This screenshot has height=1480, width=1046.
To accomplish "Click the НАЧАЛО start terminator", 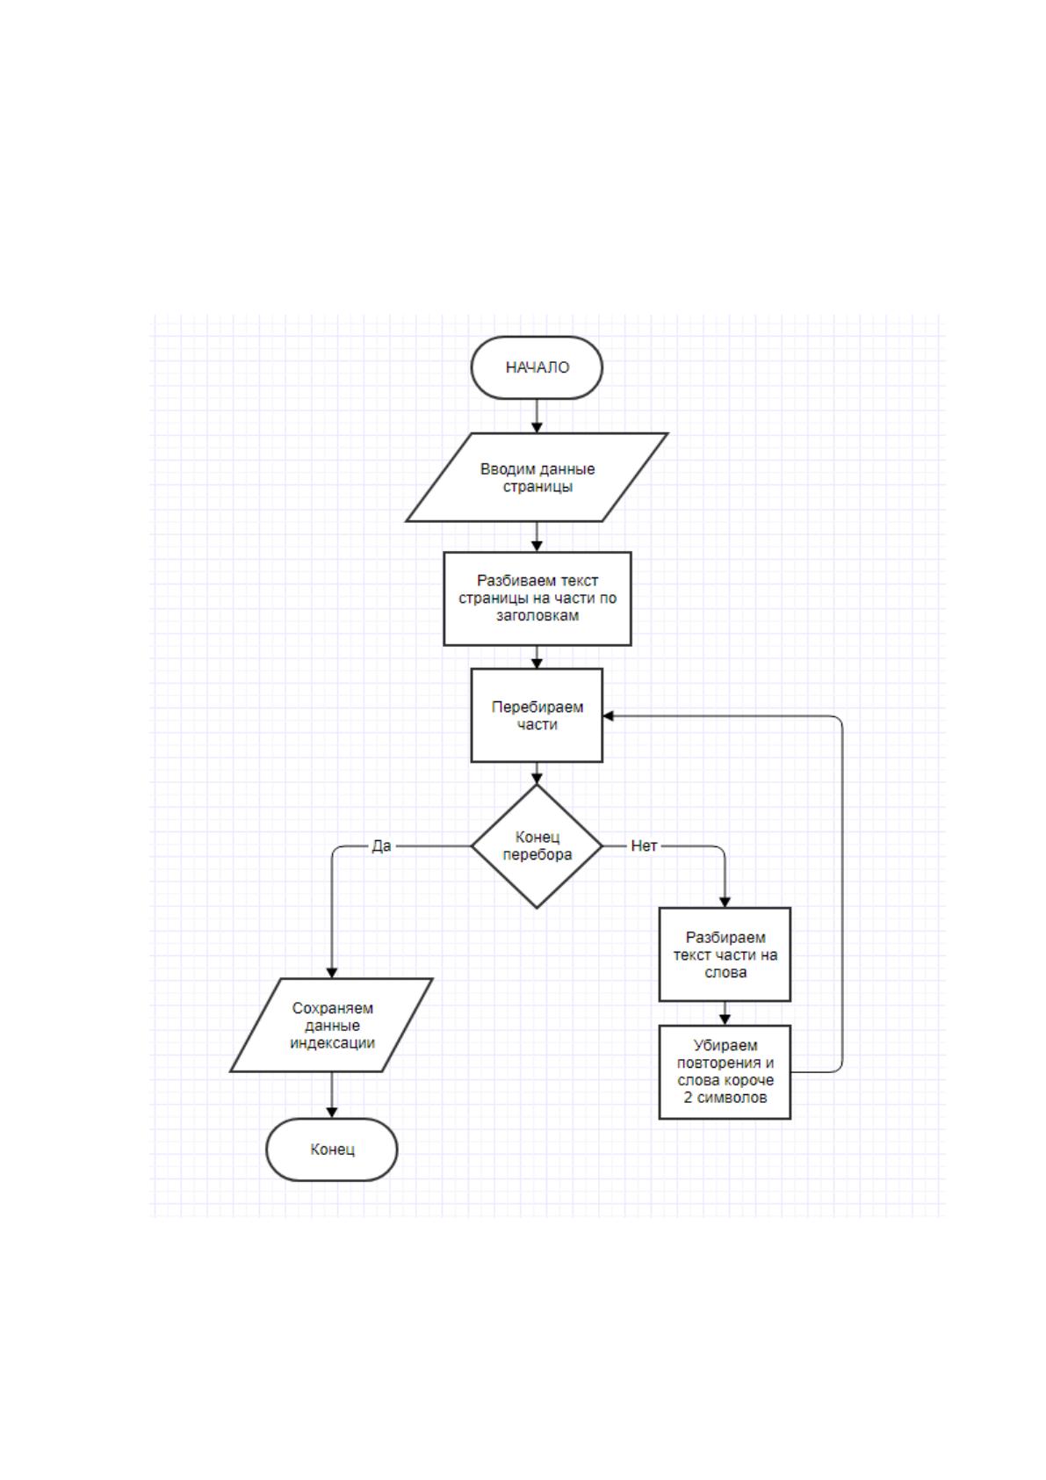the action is pyautogui.click(x=537, y=367).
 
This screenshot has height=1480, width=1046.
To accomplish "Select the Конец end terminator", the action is pyautogui.click(x=331, y=1149).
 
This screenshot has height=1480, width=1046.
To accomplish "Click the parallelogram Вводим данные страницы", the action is pyautogui.click(x=537, y=477).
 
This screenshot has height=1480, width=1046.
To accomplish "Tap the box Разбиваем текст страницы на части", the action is pyautogui.click(x=537, y=599).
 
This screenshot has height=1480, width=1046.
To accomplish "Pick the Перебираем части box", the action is pyautogui.click(x=537, y=715).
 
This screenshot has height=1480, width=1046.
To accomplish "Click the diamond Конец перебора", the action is pyautogui.click(x=537, y=845).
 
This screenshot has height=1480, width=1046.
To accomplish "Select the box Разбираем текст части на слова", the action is pyautogui.click(x=725, y=954).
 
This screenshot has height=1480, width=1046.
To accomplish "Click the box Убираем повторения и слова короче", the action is pyautogui.click(x=725, y=1071).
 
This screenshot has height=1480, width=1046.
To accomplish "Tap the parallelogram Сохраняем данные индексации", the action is pyautogui.click(x=331, y=1025).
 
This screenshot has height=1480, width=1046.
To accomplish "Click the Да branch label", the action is pyautogui.click(x=381, y=845).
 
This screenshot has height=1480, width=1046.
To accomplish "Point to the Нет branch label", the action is pyautogui.click(x=643, y=845).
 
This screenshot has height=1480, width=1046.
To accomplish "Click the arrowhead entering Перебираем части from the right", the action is pyautogui.click(x=608, y=715).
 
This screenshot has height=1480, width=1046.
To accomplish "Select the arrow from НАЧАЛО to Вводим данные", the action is pyautogui.click(x=537, y=416).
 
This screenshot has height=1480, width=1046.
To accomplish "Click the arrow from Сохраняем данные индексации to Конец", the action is pyautogui.click(x=331, y=1095).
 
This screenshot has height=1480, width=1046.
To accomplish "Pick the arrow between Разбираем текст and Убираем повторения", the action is pyautogui.click(x=725, y=1012).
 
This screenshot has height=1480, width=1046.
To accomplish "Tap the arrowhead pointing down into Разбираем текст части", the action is pyautogui.click(x=725, y=902).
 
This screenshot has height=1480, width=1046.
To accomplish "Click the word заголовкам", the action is pyautogui.click(x=537, y=616).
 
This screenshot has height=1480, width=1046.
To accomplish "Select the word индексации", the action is pyautogui.click(x=332, y=1042).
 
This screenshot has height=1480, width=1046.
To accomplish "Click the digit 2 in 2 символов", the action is pyautogui.click(x=688, y=1098).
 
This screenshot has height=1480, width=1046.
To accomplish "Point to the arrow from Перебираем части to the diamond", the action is pyautogui.click(x=537, y=773).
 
